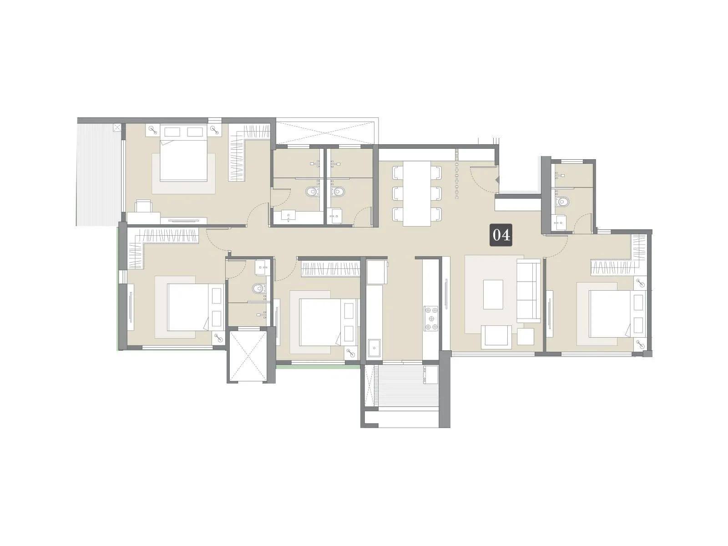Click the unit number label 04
coord(500,235)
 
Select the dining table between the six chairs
coord(417,193)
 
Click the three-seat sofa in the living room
coord(528,291)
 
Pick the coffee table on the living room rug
coord(493,294)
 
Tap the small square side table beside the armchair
coord(526,337)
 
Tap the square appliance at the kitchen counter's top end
coord(377,272)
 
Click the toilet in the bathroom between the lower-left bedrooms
coord(258,288)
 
